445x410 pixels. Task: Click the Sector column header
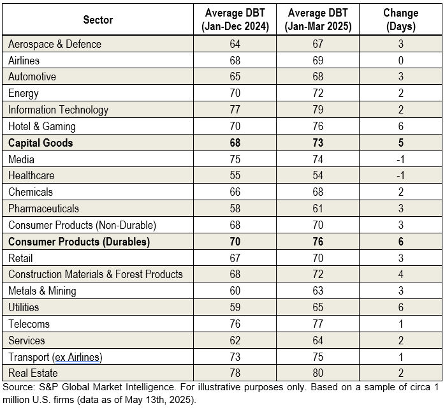pyautogui.click(x=98, y=20)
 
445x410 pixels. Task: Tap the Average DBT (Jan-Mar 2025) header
pyautogui.click(x=318, y=20)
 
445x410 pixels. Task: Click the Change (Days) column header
pyautogui.click(x=400, y=20)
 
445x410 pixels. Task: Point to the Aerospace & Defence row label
pyautogui.click(x=55, y=44)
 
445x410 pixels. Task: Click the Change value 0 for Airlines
pyautogui.click(x=400, y=61)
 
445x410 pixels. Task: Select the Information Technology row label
pyautogui.click(x=58, y=110)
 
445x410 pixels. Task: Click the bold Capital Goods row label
pyautogui.click(x=41, y=143)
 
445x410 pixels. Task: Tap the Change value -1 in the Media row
pyautogui.click(x=400, y=159)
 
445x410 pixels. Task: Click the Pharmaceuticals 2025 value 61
pyautogui.click(x=318, y=209)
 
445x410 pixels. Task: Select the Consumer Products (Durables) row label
pyautogui.click(x=79, y=242)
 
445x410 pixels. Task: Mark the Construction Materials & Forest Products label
pyautogui.click(x=96, y=274)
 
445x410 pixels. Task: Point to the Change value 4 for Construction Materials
pyautogui.click(x=400, y=274)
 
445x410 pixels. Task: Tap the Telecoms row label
pyautogui.click(x=29, y=324)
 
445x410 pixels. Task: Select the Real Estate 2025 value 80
pyautogui.click(x=318, y=373)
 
